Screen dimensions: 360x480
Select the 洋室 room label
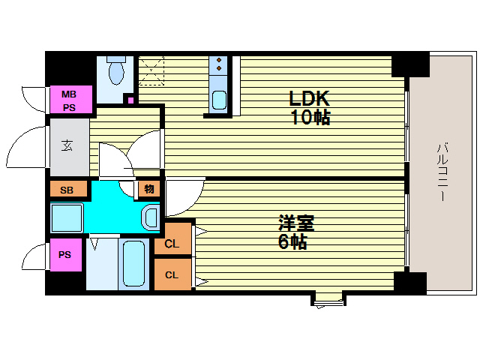(x=296, y=223)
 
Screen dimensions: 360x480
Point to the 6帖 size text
(x=292, y=241)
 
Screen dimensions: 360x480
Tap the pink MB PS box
(x=70, y=100)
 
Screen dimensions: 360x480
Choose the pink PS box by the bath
(x=65, y=255)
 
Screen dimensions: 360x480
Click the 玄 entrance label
(x=67, y=145)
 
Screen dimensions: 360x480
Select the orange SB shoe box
(x=66, y=190)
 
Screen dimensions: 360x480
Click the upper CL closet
(x=172, y=243)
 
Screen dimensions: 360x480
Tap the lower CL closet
(x=172, y=274)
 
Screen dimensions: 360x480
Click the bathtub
(x=134, y=264)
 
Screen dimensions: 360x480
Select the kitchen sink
(x=219, y=99)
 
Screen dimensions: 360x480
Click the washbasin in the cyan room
(x=150, y=217)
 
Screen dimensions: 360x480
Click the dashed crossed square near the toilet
(x=151, y=70)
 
